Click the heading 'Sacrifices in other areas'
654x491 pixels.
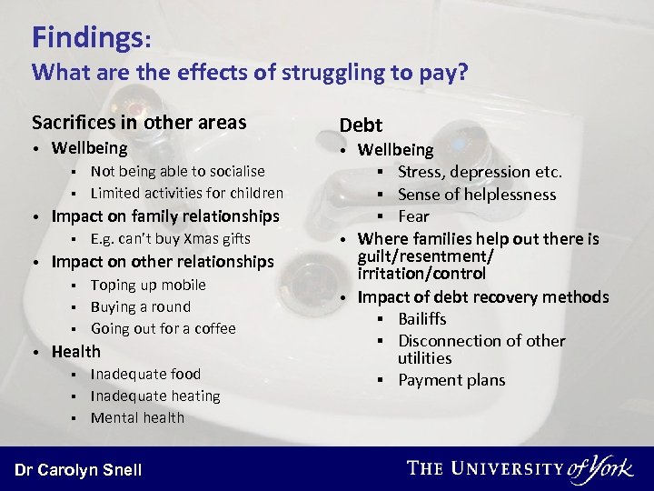pyautogui.click(x=139, y=122)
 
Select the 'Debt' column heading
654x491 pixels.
pyautogui.click(x=361, y=125)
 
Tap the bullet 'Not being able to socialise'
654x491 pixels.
pyautogui.click(x=177, y=171)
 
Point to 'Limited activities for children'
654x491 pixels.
pyautogui.click(x=186, y=193)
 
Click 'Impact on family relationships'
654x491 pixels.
pyautogui.click(x=165, y=216)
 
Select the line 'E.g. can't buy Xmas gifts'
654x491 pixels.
pyautogui.click(x=170, y=239)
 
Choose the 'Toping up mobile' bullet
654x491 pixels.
pyautogui.click(x=148, y=285)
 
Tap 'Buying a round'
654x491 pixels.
pyautogui.click(x=140, y=306)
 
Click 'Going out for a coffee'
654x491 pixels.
pyautogui.click(x=163, y=328)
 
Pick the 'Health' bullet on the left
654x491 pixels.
pyautogui.click(x=76, y=351)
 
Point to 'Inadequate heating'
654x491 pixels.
pyautogui.click(x=155, y=396)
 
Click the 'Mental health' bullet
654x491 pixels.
pyautogui.click(x=137, y=417)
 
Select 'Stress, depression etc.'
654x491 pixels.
pyautogui.click(x=480, y=172)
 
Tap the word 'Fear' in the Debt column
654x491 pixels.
pyautogui.click(x=413, y=215)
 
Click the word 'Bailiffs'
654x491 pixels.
pyautogui.click(x=422, y=318)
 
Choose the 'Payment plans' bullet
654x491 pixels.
pyautogui.click(x=451, y=380)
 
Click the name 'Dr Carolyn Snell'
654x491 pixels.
pyautogui.click(x=78, y=469)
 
